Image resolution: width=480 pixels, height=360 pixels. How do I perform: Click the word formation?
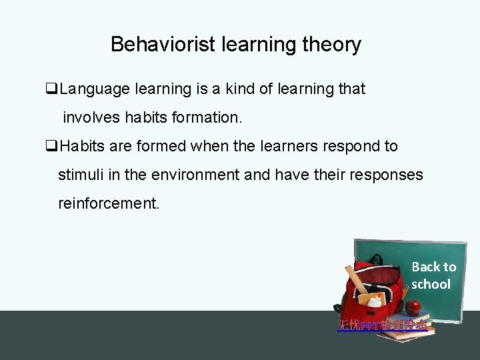[209, 118]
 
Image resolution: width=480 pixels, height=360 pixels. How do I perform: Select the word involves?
[90, 118]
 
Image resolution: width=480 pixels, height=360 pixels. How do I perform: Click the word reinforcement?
[109, 203]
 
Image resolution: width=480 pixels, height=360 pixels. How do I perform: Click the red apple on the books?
[413, 307]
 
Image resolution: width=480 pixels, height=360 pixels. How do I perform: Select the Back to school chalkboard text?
[433, 275]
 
